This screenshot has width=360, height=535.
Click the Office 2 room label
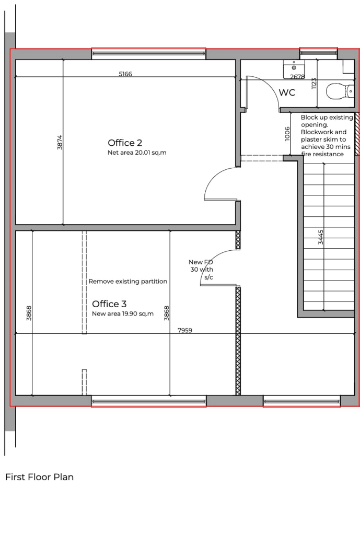click(125, 143)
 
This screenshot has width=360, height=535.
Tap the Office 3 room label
click(109, 304)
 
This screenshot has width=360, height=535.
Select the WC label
click(287, 92)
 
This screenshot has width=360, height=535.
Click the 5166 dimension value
click(125, 74)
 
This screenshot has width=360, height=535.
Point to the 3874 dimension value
click(60, 142)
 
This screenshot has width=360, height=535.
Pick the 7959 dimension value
click(184, 330)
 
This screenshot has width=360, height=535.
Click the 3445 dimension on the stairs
click(321, 237)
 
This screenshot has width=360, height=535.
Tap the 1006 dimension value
click(287, 134)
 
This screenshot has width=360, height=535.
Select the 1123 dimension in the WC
click(314, 84)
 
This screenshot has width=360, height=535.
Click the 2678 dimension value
click(297, 77)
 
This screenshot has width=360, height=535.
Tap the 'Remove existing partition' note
click(128, 282)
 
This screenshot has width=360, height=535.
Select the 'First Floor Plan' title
click(40, 477)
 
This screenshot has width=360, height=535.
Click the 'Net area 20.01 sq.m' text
click(137, 153)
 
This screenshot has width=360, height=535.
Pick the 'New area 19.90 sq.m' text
click(123, 313)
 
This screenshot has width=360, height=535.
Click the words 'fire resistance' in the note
click(322, 154)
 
